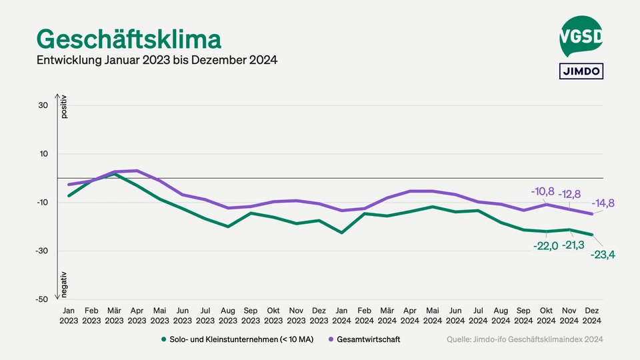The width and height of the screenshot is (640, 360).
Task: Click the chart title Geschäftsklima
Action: click(128, 39)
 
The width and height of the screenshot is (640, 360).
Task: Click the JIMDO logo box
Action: click(581, 71)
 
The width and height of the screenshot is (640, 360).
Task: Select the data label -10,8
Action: click(542, 191)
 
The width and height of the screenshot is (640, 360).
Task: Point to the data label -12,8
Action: click(570, 194)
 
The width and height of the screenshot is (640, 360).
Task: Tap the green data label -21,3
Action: click(573, 245)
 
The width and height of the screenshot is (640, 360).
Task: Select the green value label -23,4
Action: click(603, 254)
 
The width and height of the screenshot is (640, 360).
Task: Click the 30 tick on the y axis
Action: click(43, 105)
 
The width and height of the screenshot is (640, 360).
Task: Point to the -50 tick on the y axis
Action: click(41, 299)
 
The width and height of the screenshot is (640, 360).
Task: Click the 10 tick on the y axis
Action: click(43, 154)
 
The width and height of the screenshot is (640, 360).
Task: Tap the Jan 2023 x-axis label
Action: click(69, 315)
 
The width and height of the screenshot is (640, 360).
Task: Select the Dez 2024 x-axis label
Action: click(592, 315)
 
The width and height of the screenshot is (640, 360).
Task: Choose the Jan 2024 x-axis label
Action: click(342, 315)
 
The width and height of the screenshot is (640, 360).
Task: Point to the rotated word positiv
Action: click(65, 107)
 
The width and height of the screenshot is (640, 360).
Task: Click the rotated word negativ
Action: click(65, 284)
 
